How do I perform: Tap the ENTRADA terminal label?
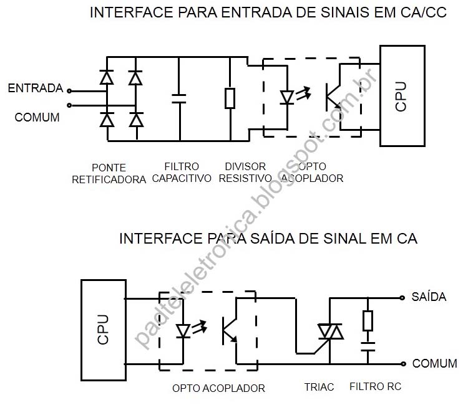point(35,88)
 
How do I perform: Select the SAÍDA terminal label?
point(429,297)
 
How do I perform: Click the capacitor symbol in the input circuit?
point(179,98)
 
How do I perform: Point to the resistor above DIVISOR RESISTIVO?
point(230,98)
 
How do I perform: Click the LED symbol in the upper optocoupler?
point(287,98)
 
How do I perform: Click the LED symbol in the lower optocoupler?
point(183,330)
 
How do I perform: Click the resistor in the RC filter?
point(368,320)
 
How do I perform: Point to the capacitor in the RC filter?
point(368,343)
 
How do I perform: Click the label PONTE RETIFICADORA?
point(109,174)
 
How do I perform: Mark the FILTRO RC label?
point(376,387)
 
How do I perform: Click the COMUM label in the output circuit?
point(435,363)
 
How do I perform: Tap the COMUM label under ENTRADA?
point(37,117)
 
